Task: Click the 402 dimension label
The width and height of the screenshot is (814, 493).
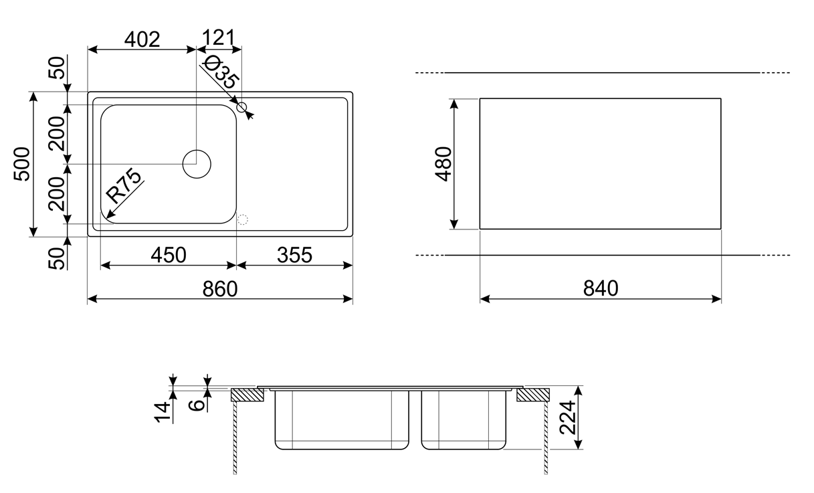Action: tap(142, 39)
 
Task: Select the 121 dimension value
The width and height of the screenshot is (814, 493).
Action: tap(219, 37)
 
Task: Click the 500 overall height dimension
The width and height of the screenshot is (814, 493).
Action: tap(22, 164)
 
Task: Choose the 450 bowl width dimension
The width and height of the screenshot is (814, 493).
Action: tap(169, 255)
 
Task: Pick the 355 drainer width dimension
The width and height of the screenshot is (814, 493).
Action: tap(294, 255)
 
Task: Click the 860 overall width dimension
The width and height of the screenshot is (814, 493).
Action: tap(220, 289)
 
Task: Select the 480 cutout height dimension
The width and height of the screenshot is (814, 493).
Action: tap(443, 164)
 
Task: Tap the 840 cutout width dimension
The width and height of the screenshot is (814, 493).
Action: tap(601, 288)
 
